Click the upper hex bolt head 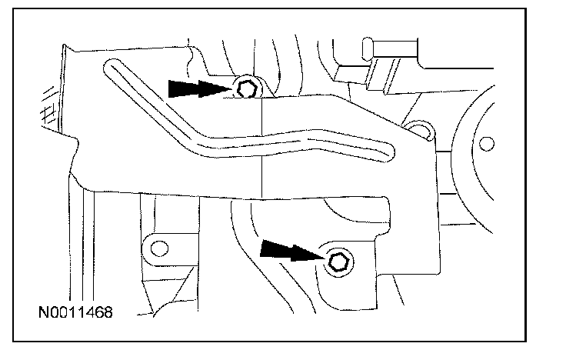246,88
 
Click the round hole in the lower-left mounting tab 159,248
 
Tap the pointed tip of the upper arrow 234,89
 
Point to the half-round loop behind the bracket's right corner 418,128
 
